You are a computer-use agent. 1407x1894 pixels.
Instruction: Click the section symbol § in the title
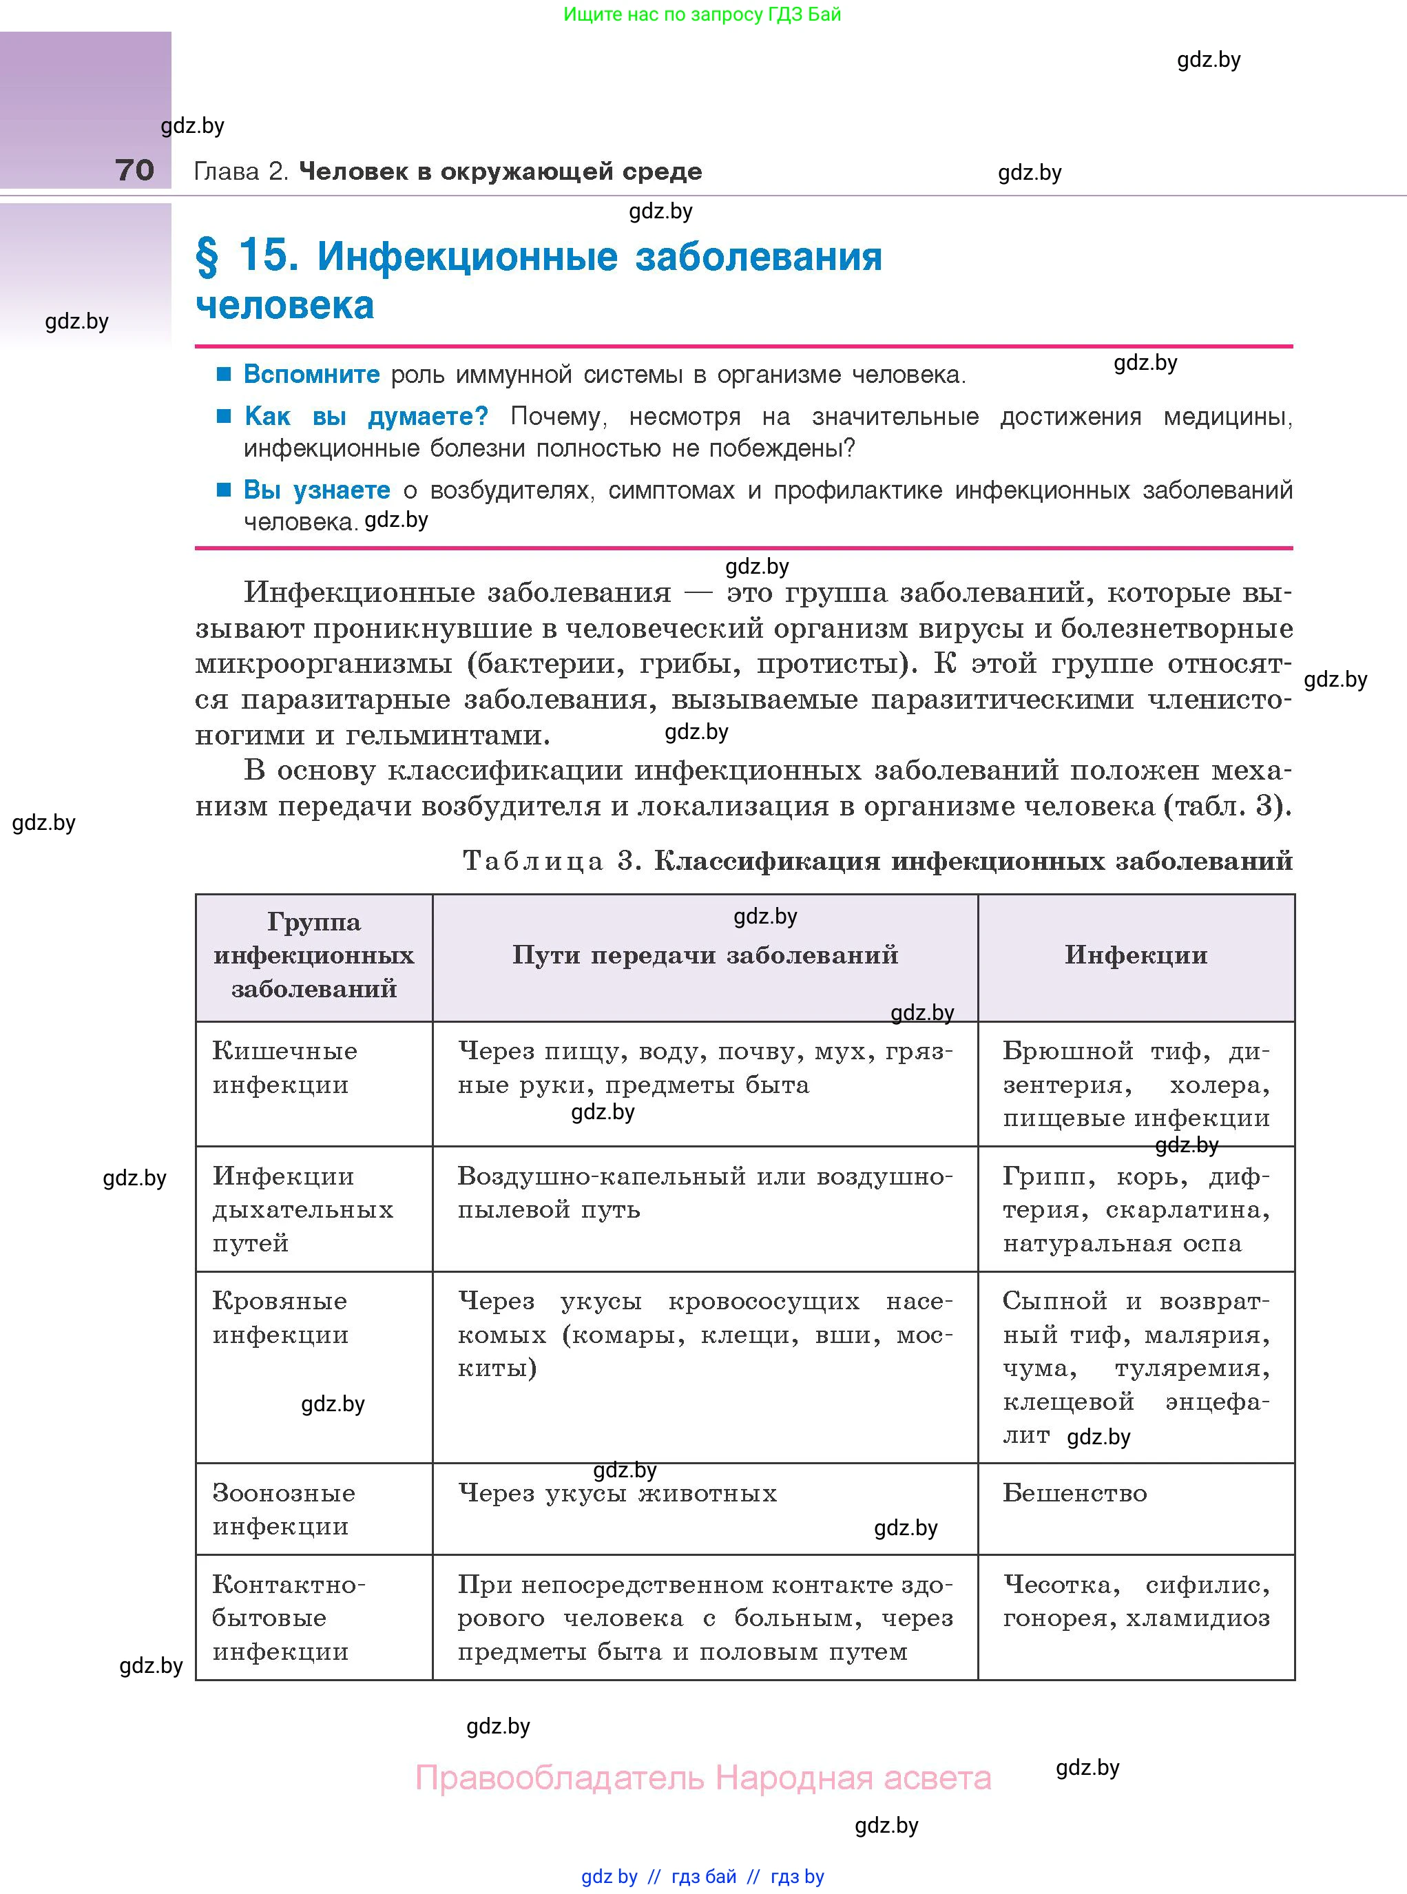(207, 256)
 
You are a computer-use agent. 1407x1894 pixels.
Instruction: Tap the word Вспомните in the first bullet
(312, 375)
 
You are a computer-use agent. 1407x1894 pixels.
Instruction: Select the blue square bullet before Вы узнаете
(224, 490)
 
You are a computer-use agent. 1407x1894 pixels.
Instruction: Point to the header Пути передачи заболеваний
(705, 955)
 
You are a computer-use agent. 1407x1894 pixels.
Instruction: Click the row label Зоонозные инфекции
(283, 1509)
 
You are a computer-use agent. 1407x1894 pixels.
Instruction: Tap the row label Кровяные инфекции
(280, 1318)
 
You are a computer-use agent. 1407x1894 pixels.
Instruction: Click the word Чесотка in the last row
(1061, 1585)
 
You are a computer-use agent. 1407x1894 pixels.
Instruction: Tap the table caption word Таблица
(533, 861)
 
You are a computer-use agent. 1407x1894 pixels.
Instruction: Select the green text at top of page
(702, 14)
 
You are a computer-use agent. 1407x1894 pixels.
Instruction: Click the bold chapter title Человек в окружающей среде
(500, 172)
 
